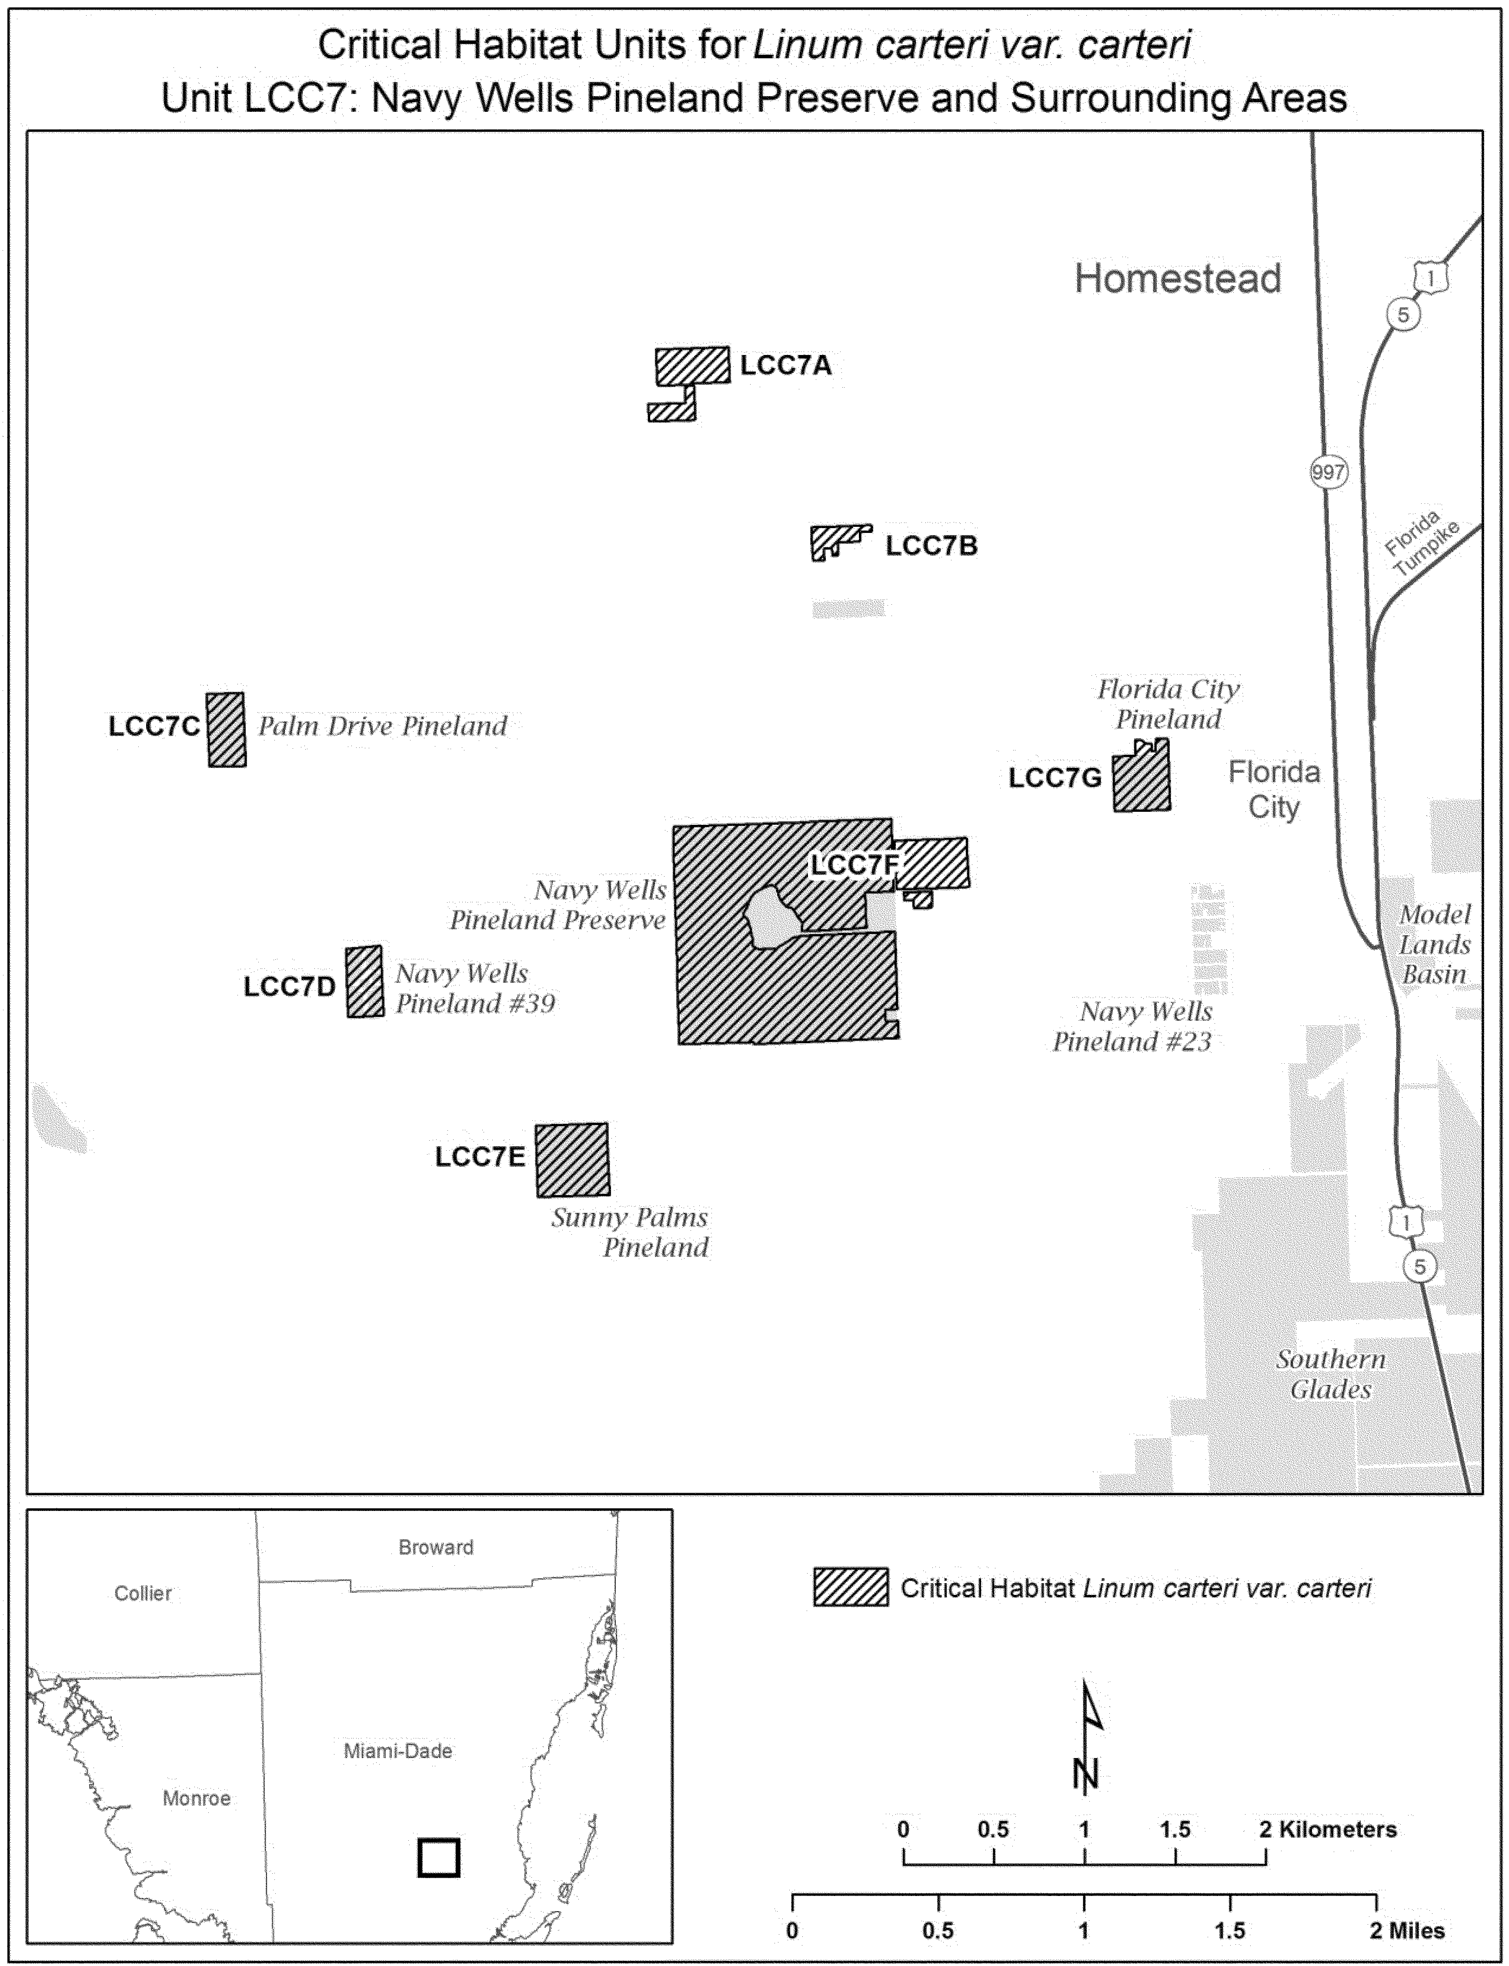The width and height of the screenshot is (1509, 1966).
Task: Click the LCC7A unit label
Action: (x=785, y=366)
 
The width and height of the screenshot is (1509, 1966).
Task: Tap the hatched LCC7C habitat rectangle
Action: (x=226, y=730)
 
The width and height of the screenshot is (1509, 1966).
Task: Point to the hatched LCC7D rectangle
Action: (x=365, y=981)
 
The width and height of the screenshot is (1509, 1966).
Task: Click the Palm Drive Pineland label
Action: (x=383, y=726)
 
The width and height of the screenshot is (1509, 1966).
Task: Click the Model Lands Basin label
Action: (x=1435, y=944)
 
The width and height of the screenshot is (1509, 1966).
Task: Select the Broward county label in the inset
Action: (x=436, y=1547)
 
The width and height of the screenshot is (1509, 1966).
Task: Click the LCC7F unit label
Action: (x=854, y=865)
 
